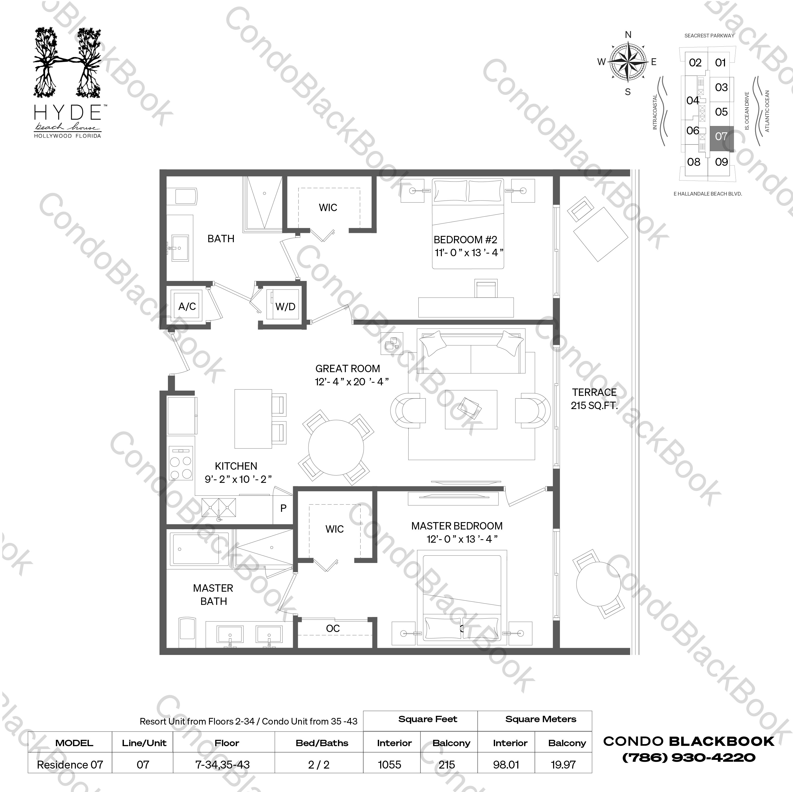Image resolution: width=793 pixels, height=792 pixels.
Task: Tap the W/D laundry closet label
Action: point(285,306)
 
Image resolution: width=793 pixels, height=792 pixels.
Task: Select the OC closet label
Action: point(333,628)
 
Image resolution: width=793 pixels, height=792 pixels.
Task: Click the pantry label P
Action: point(283,508)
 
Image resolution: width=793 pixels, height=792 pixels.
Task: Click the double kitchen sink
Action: point(219,508)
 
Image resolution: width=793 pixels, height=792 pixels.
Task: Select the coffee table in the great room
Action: point(471,409)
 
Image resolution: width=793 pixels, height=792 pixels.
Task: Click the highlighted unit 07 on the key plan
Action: point(721,137)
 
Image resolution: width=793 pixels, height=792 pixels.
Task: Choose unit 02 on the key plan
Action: point(695,63)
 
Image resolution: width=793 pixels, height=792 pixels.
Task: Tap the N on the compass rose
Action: point(628,35)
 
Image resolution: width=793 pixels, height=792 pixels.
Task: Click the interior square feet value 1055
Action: point(390,765)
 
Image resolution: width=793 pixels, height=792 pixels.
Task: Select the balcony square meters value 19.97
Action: point(563,765)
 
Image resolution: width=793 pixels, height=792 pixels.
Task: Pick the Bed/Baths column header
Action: point(322,743)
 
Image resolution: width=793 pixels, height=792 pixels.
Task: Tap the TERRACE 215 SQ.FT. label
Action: point(594,399)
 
